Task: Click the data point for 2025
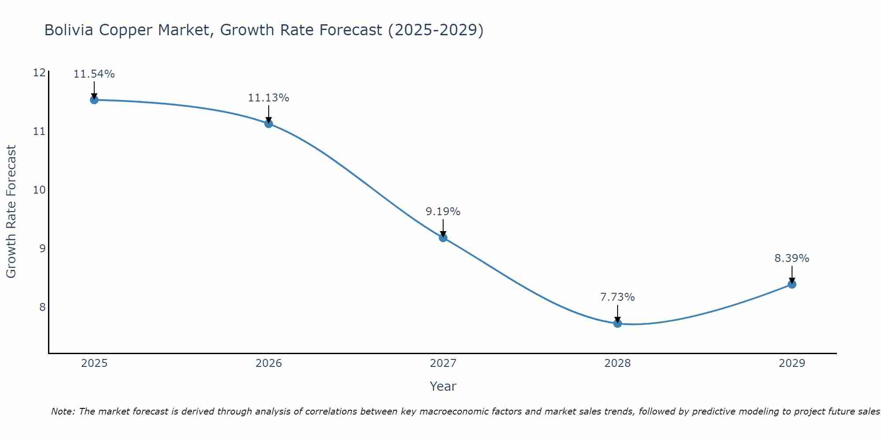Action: tap(94, 100)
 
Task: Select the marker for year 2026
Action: tap(269, 124)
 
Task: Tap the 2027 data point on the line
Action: tap(443, 238)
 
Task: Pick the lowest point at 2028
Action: tap(618, 323)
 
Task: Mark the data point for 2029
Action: tap(792, 284)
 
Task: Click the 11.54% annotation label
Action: tap(94, 74)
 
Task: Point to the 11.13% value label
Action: tap(269, 98)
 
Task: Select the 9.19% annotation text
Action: tap(443, 212)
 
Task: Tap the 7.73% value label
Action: tap(618, 297)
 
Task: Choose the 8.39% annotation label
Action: tap(792, 258)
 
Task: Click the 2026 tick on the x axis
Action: tap(269, 363)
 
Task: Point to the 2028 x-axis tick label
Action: tap(618, 363)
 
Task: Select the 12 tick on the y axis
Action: tap(40, 73)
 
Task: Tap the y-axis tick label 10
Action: tap(40, 190)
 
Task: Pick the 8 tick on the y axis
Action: tap(42, 307)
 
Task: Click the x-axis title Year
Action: tap(443, 386)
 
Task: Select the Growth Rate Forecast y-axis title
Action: tap(11, 212)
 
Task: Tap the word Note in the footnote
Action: tap(62, 411)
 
